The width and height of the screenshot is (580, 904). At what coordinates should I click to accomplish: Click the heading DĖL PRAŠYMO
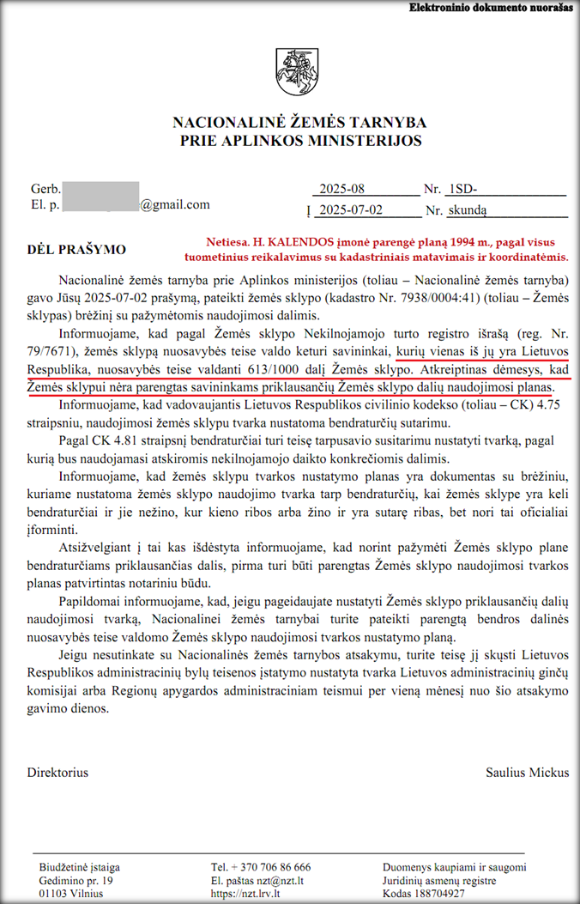click(x=77, y=250)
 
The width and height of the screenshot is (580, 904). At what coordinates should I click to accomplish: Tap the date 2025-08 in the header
click(x=341, y=190)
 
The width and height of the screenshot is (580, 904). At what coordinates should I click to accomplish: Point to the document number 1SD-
click(x=463, y=190)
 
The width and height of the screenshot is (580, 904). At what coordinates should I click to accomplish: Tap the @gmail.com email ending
click(x=175, y=205)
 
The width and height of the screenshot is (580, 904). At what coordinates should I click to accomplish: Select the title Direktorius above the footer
click(x=57, y=773)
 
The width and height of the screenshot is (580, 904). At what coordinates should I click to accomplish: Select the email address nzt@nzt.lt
click(x=286, y=881)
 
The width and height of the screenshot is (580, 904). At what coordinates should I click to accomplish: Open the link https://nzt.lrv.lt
click(x=246, y=894)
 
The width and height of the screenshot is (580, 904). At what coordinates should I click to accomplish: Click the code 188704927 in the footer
click(x=462, y=894)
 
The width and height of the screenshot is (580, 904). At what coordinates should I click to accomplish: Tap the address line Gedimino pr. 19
click(x=76, y=881)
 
